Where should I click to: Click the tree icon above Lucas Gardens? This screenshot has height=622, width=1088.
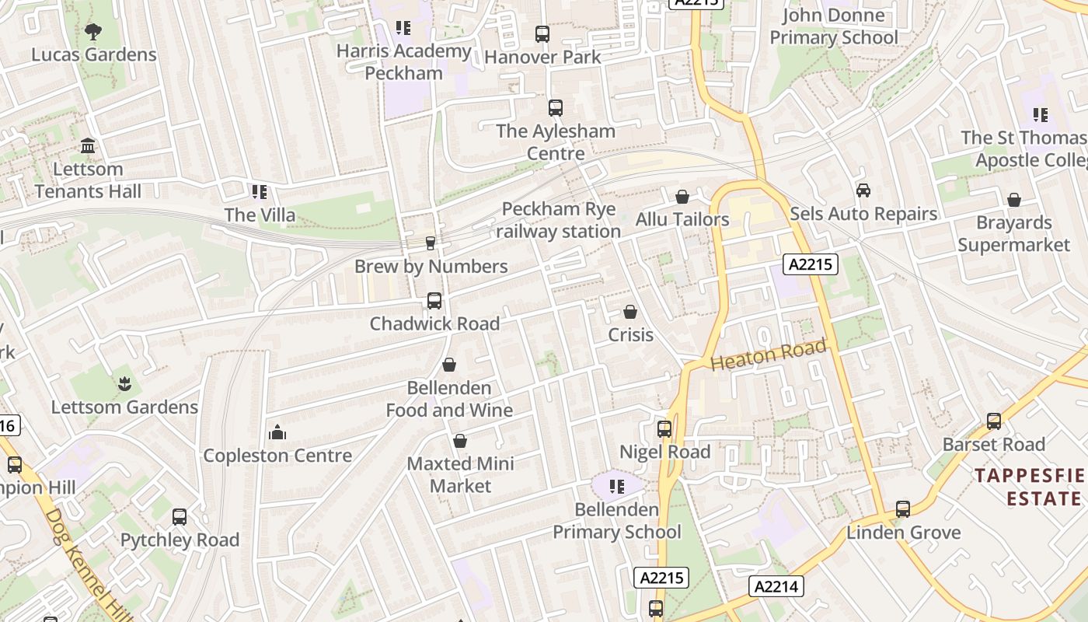(93, 32)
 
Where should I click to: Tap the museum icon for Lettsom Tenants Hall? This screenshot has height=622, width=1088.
(88, 146)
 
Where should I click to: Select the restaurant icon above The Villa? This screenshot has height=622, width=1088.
(260, 192)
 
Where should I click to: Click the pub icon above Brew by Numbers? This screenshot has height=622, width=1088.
(431, 243)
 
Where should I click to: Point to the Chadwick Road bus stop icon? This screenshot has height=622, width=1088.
(434, 301)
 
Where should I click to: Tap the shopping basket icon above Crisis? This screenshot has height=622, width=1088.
(630, 312)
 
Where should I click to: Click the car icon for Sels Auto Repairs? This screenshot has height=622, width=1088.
(863, 190)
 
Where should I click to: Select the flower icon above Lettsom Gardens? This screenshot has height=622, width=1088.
(124, 384)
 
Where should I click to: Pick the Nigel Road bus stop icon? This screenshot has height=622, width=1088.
(664, 429)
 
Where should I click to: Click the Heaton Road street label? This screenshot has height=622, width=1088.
(768, 355)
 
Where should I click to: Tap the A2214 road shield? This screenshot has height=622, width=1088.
(776, 586)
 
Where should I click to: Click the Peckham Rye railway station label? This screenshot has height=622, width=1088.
(559, 220)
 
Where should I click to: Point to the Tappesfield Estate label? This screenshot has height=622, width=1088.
(1030, 487)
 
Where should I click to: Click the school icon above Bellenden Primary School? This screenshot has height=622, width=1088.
(617, 487)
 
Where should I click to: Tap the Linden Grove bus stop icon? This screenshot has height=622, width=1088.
(903, 510)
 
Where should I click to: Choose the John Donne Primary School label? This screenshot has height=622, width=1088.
(833, 26)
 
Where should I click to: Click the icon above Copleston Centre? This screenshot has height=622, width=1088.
(277, 433)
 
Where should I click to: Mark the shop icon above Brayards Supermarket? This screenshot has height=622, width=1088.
(1014, 201)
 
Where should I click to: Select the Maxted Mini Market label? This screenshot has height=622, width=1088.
(461, 474)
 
